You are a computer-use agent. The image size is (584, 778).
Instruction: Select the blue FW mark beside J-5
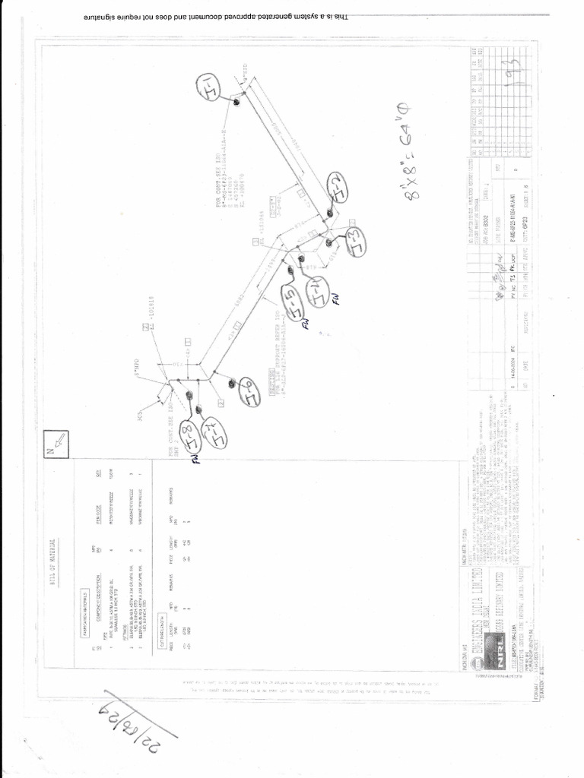(306, 322)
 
